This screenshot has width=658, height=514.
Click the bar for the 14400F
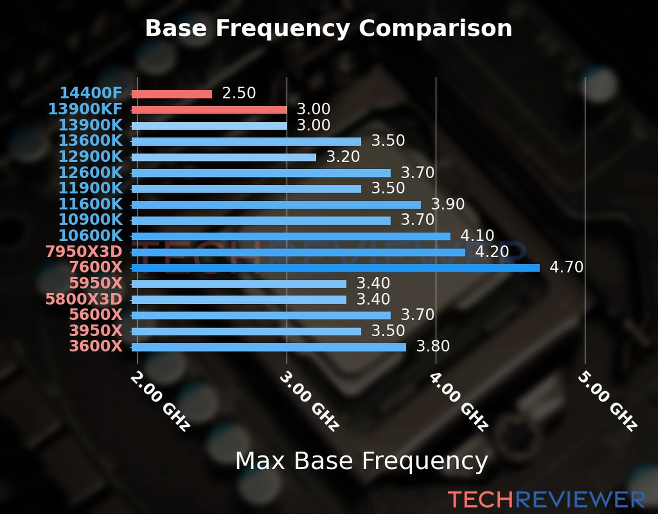coord(171,94)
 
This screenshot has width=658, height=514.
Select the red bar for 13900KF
coord(209,110)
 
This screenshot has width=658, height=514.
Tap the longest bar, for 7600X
coord(335,268)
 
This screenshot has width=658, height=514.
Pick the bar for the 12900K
coord(224,157)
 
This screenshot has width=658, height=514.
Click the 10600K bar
coord(291,236)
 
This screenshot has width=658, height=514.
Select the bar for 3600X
coord(269,347)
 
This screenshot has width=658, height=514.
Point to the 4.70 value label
coord(566,267)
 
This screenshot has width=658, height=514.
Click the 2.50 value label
coord(239,93)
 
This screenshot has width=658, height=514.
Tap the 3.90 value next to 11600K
coord(448,204)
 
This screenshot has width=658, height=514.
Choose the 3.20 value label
coord(343,157)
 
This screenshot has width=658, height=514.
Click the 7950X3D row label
coord(84,252)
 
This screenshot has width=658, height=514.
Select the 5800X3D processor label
coord(84,299)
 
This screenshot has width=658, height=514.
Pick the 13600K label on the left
coord(90,140)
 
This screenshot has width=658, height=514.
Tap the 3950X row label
coord(96,331)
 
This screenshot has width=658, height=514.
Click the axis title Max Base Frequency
coord(362,461)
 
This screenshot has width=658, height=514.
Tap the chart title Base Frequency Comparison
coord(329,28)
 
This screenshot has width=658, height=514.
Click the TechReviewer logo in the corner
coord(546,499)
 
